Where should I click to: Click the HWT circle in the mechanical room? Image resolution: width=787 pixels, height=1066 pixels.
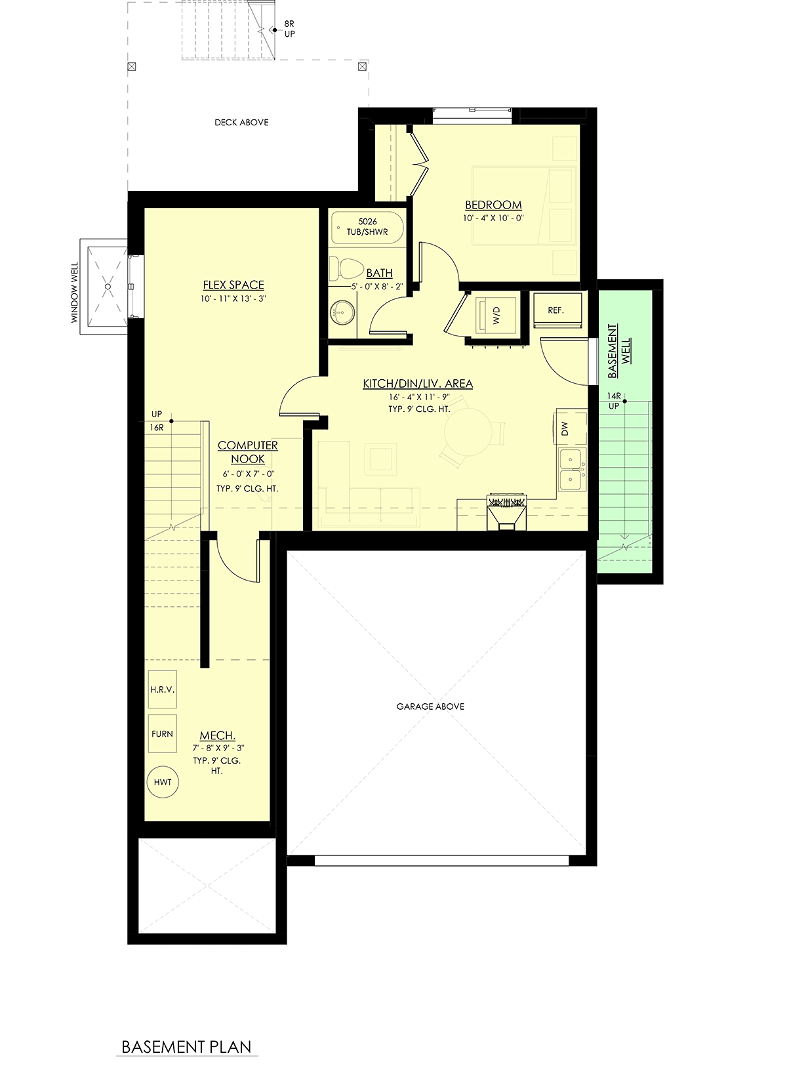163,782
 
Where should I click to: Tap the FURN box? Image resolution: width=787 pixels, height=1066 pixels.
163,733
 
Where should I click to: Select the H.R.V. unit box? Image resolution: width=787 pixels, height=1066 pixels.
163,689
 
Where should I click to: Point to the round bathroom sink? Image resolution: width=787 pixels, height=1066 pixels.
342,313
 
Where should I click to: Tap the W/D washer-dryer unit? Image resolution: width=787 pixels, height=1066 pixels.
495,316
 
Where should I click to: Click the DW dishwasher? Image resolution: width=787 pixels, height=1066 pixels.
571,427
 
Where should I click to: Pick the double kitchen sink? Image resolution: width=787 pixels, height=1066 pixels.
572,470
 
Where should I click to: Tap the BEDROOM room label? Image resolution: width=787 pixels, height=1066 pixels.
493,205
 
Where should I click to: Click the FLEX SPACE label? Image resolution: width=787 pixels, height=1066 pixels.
233,285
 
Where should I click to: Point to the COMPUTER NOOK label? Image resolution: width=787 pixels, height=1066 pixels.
248,452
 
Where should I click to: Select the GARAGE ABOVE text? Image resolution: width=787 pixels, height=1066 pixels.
430,707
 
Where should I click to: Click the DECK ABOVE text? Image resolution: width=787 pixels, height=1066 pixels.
241,123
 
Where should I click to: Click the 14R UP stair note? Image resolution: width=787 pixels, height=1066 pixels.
614,401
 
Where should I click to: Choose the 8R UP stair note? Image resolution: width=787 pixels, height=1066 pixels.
289,29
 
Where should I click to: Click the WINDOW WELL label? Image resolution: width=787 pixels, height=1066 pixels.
75,292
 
